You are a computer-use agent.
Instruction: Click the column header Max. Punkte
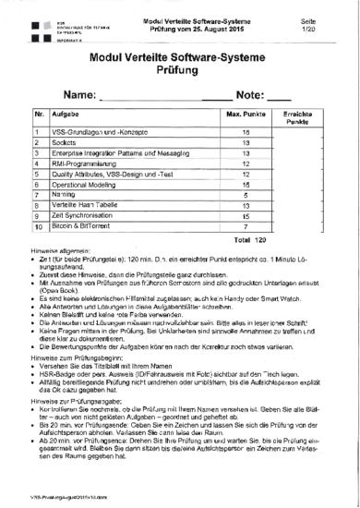coord(246,114)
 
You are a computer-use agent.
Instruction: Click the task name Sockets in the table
coord(65,145)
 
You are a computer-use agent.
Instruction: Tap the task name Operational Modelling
coord(91,185)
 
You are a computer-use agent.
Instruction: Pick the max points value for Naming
coord(246,195)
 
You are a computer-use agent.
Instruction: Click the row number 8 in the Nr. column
coord(37,205)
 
